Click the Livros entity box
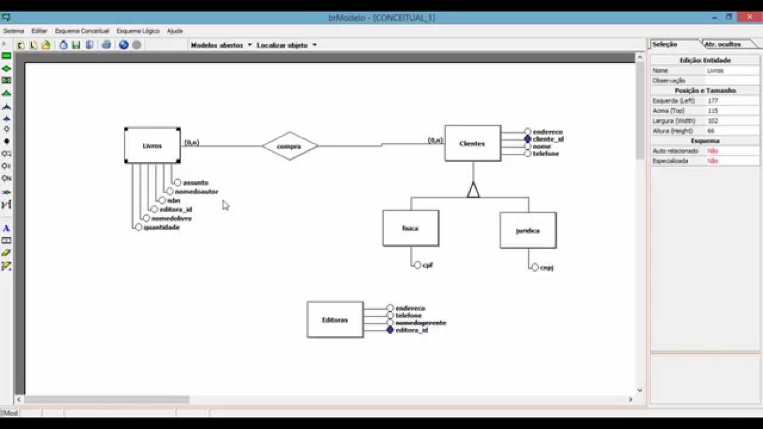[x=152, y=145]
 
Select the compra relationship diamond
[x=290, y=146]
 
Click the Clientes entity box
[x=472, y=143]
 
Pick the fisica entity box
[x=410, y=228]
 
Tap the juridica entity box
[x=528, y=230]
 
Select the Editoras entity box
[x=334, y=320]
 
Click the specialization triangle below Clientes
[x=473, y=190]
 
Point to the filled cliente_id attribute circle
[x=528, y=139]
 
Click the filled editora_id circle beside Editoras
[x=390, y=329]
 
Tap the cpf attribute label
[x=427, y=265]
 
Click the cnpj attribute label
[x=547, y=268]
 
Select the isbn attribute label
[x=173, y=200]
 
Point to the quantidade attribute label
[x=162, y=227]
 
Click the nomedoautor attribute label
[x=196, y=191]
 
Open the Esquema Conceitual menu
[x=82, y=30]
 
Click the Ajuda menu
[x=175, y=30]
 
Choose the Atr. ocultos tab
[x=722, y=44]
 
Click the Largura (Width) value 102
[x=713, y=120]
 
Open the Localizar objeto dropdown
[x=286, y=45]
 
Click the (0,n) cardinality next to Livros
[x=191, y=142]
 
